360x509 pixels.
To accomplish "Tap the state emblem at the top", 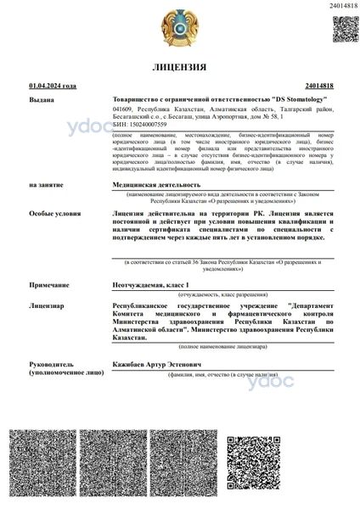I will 180,26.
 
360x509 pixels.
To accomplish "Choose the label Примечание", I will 47,287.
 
